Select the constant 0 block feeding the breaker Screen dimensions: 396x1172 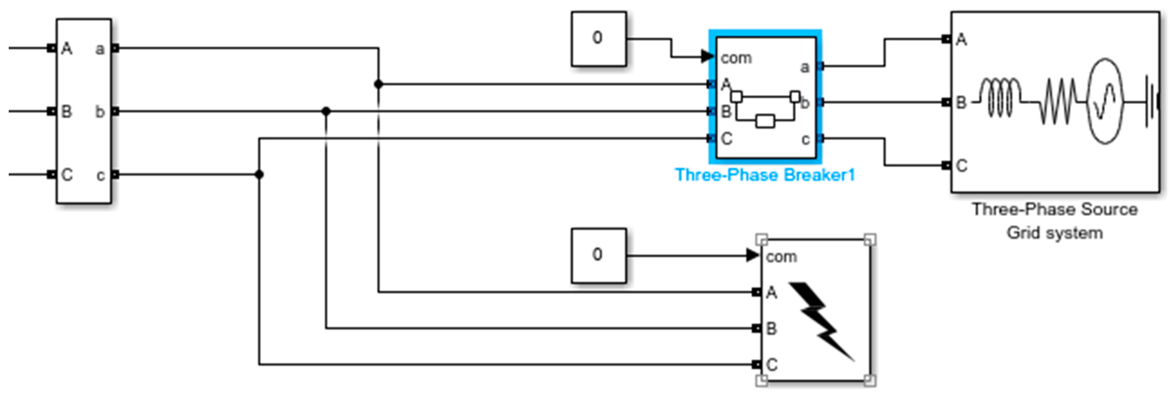[x=598, y=39]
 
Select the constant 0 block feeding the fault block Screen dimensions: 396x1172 [x=598, y=255]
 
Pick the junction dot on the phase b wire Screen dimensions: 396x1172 [x=326, y=111]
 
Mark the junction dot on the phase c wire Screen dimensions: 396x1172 [x=259, y=174]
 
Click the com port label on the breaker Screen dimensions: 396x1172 [x=736, y=58]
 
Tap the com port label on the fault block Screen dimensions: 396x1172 [x=781, y=257]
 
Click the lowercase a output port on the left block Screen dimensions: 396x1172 [x=115, y=48]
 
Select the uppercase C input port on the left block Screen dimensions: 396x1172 [x=52, y=174]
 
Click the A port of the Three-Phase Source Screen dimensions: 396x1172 [x=947, y=39]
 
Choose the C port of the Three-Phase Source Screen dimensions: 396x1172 [x=947, y=165]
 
